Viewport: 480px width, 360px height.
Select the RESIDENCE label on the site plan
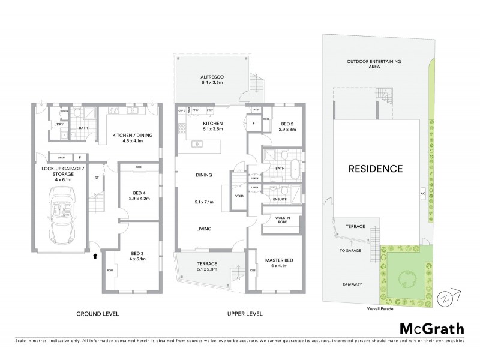click(x=375, y=169)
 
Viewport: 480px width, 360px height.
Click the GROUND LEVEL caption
click(x=98, y=313)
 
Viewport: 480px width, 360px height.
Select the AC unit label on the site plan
click(x=424, y=194)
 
